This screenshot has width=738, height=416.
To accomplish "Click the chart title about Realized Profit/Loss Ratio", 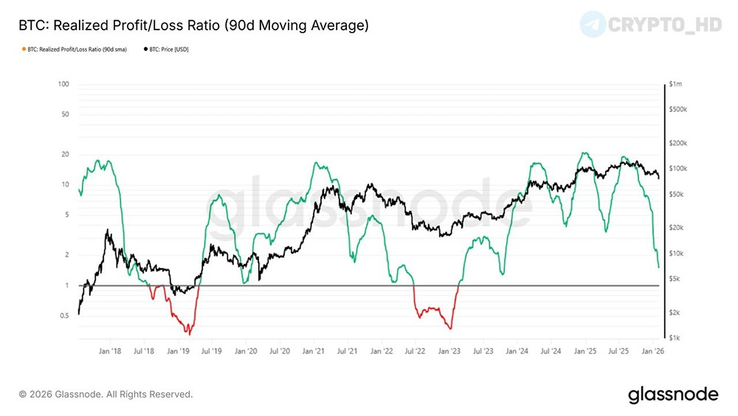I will click(193, 26).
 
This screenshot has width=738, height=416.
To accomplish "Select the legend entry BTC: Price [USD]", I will click(169, 50).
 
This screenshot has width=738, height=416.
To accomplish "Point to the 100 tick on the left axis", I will click(63, 84).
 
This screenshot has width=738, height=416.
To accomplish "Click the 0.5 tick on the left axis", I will click(64, 316).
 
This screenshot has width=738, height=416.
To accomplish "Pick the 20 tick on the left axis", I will click(65, 154).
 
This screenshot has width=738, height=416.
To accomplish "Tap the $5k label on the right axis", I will click(675, 279).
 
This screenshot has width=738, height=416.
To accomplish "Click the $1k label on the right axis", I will click(675, 338).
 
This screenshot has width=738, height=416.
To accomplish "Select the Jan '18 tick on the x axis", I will click(110, 352).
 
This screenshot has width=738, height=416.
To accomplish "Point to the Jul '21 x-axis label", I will click(348, 352).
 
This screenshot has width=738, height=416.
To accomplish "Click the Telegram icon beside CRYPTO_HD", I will click(592, 24).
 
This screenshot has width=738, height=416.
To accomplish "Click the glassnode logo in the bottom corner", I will click(673, 395).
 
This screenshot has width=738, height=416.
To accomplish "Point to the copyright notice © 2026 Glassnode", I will click(106, 395).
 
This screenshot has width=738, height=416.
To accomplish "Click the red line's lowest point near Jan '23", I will click(449, 329).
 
